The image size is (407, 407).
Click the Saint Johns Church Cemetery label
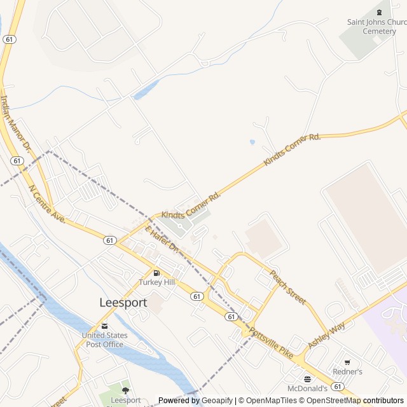[x=376, y=26]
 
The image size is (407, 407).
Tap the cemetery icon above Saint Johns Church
[x=380, y=11]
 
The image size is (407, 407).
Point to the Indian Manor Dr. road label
[x=15, y=123]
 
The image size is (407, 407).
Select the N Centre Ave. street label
[x=48, y=203]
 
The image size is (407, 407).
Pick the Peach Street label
[x=288, y=287]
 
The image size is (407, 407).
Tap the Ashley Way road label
[x=326, y=335]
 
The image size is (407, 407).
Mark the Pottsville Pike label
[x=272, y=343]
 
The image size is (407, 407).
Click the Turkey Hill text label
[x=156, y=282]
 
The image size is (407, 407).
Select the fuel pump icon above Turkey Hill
[x=156, y=273]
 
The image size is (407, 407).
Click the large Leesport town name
[x=123, y=303]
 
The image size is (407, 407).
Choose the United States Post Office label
[x=105, y=340]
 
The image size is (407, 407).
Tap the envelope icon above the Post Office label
[x=105, y=326]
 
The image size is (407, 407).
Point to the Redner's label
[x=347, y=371]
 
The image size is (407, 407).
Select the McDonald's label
[x=307, y=388]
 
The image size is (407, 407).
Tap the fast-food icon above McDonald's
[x=307, y=379]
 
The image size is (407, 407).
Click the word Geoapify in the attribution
[x=217, y=401]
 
